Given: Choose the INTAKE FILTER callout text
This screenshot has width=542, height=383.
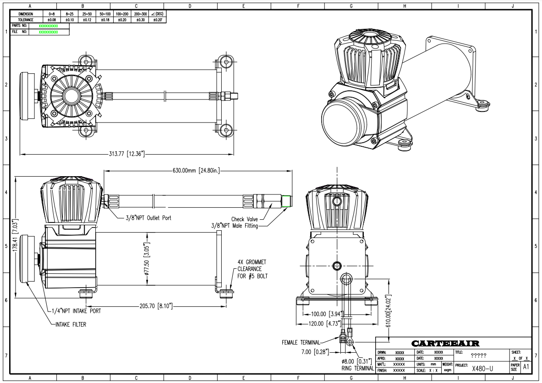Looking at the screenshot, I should pos(69,324).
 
